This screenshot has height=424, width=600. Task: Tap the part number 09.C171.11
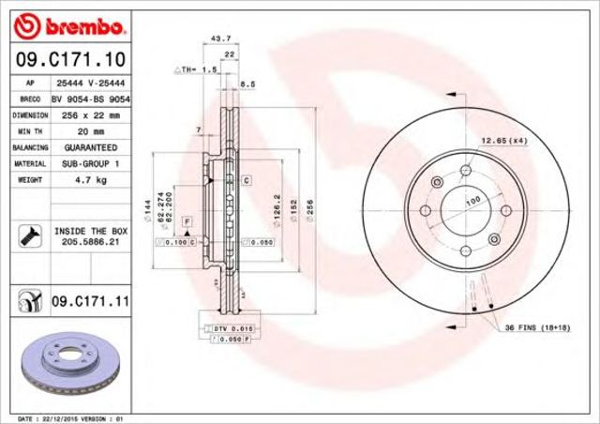tap(90, 301)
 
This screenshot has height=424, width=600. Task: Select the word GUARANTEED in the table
tap(90, 147)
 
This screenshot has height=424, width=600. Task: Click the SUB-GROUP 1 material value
tap(90, 164)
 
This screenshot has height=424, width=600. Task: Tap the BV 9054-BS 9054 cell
tap(90, 98)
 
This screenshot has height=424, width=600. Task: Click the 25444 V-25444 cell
tap(90, 83)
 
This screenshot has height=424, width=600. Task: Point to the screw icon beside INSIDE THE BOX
tap(25, 235)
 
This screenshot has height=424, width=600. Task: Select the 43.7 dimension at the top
tap(221, 38)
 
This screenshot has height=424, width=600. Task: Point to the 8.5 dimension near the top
tap(247, 84)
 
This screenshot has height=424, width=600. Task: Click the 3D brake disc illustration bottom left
tap(71, 365)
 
